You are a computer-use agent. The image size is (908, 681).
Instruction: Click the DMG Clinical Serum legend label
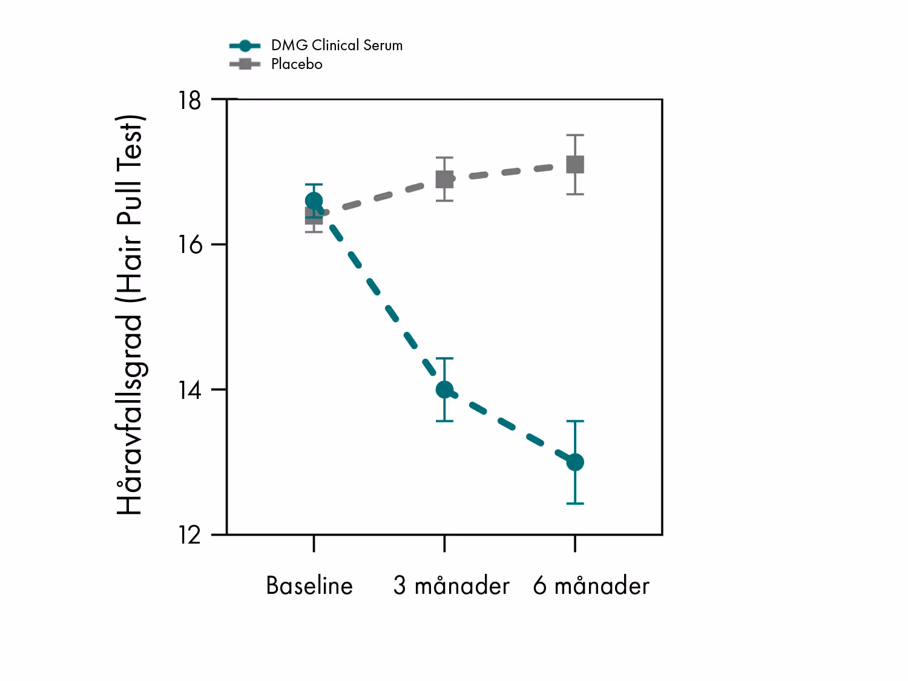coord(337,45)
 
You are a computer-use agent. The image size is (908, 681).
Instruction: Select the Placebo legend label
coord(297,64)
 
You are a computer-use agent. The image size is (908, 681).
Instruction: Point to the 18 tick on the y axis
coord(189,100)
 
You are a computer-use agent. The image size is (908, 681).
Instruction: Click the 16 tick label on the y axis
coord(189,245)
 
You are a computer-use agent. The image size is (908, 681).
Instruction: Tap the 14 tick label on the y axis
coord(189,390)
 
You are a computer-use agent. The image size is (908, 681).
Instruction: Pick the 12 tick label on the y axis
coord(189,535)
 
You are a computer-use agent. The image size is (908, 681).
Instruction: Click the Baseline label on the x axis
coord(309,586)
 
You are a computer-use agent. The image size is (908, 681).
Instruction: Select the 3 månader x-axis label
coord(452,586)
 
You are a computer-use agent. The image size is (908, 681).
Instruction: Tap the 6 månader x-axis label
coord(591,586)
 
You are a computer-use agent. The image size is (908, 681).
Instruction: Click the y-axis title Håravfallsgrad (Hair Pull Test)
coord(130,315)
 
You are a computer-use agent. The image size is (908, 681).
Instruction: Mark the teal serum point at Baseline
coord(314,201)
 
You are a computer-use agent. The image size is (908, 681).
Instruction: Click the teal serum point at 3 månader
coord(444,390)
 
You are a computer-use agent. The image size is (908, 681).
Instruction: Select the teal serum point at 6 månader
coord(575,462)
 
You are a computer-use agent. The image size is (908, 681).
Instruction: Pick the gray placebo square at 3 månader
coord(445,179)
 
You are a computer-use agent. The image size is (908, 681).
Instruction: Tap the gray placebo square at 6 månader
coord(575,164)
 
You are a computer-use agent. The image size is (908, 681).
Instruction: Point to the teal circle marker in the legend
coord(245,45)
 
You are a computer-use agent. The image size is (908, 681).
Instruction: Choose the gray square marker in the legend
coord(245,64)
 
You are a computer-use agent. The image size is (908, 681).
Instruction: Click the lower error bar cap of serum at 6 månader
coord(575,504)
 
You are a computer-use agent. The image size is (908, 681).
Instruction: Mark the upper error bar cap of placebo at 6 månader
coord(575,136)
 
